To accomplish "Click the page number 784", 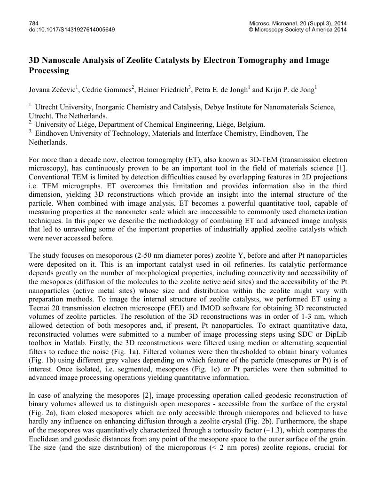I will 33,23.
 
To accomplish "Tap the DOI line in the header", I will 71,30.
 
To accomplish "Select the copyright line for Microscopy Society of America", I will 298,30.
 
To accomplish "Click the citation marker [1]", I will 342,169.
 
